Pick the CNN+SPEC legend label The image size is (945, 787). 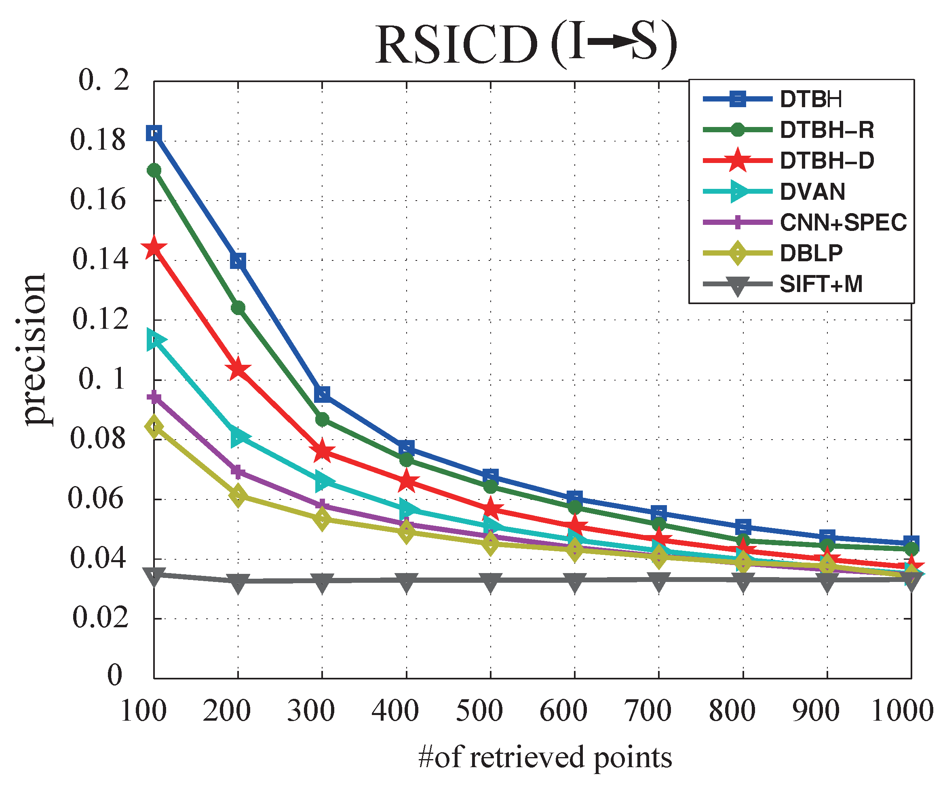coord(843,222)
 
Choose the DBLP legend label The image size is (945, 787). coord(811,254)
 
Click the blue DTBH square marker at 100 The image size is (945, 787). coord(154,133)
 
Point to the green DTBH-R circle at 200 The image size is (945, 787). coord(238,308)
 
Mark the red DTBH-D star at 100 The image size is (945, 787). coord(154,248)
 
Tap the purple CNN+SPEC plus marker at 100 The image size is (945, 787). coord(154,397)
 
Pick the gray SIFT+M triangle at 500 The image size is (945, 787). coord(491,581)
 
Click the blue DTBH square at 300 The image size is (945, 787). coord(322,394)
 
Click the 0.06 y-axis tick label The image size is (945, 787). coord(95,498)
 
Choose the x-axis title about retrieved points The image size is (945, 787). coord(544,758)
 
